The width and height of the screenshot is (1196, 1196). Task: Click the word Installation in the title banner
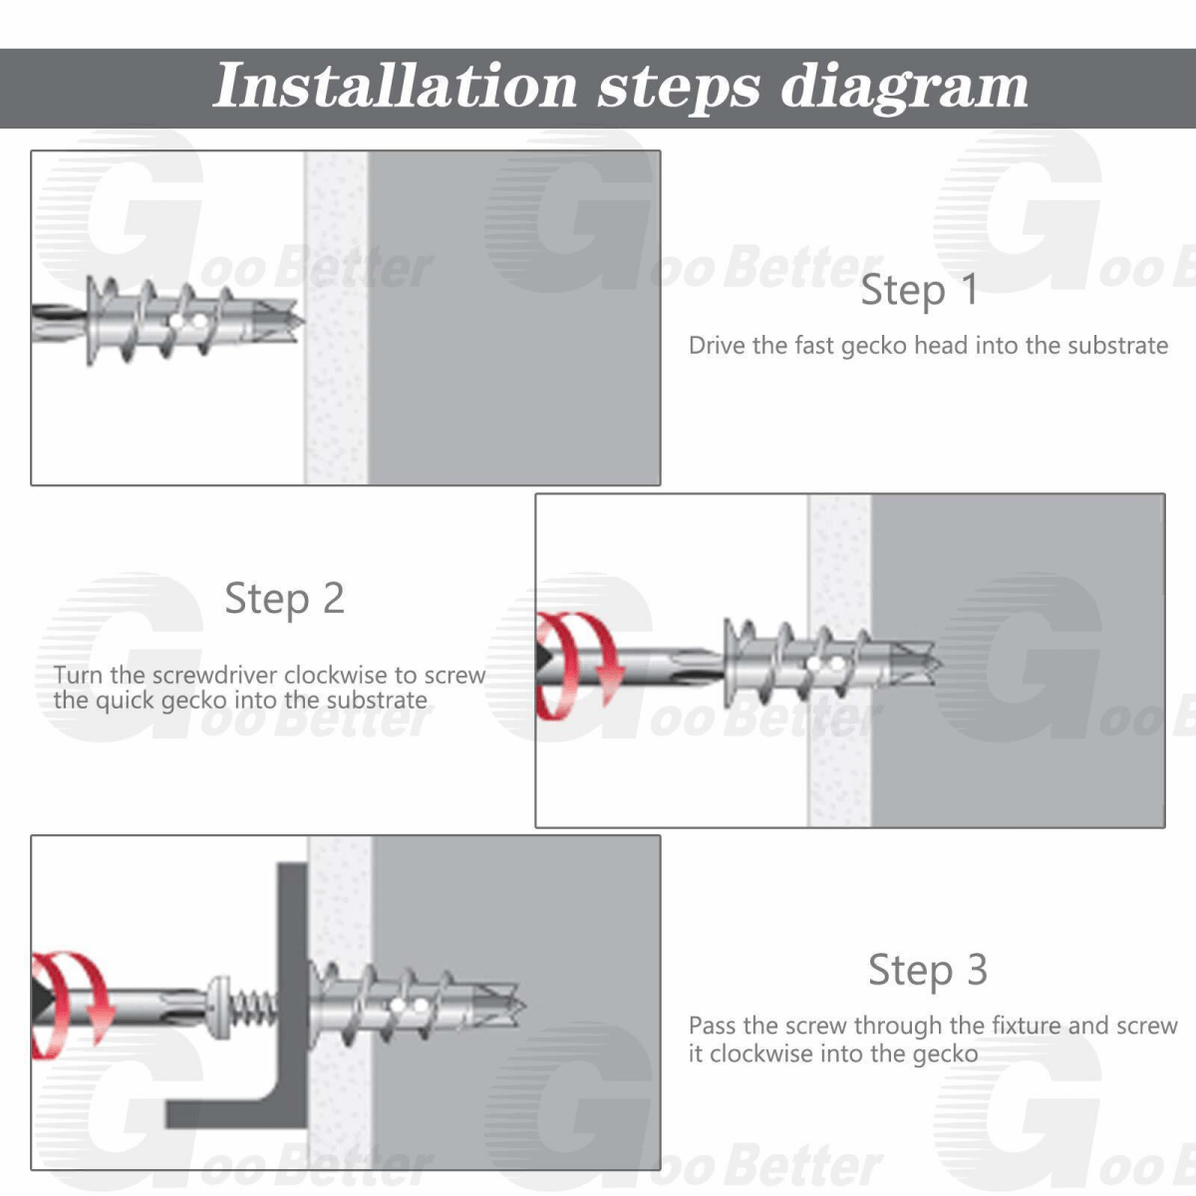coord(396,86)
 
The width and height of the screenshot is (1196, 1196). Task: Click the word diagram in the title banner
coord(905,87)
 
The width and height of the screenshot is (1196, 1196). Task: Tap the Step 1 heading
coord(920,290)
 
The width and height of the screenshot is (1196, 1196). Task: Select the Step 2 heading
coord(284,598)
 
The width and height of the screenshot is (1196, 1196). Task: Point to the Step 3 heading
coord(927,970)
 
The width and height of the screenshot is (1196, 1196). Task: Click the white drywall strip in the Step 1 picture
coord(336,318)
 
